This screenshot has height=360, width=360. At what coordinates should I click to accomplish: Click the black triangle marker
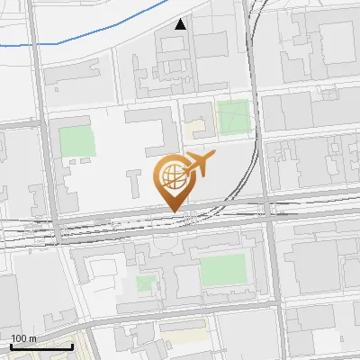pos(181,24)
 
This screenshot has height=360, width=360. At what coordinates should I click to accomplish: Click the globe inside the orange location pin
pos(172,175)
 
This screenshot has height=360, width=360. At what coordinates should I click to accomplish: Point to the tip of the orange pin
pos(173,211)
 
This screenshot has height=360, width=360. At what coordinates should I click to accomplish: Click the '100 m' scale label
pos(23,338)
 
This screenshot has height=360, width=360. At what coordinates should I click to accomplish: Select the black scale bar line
pos(41,346)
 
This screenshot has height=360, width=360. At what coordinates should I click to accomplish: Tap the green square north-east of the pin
pos(233,117)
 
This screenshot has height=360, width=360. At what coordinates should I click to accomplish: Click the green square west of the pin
pos(76,139)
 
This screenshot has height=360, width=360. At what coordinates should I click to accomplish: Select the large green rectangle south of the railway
pos(221,269)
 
